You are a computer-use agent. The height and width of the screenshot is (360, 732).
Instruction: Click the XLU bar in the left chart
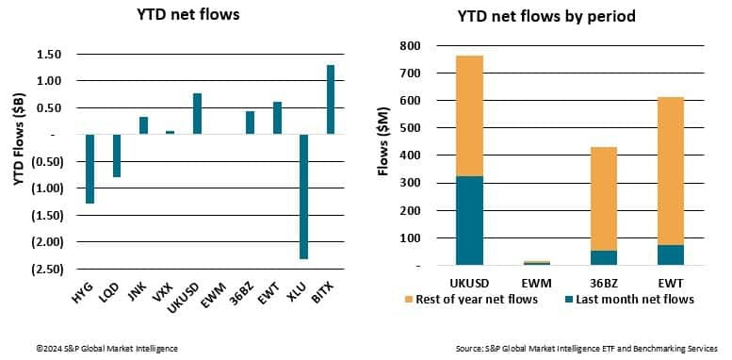[x=304, y=196]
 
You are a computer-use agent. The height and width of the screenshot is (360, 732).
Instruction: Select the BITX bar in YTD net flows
[x=331, y=99]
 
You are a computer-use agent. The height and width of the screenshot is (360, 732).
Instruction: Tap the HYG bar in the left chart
[x=90, y=169]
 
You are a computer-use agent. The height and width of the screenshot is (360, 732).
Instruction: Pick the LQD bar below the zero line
[x=117, y=155]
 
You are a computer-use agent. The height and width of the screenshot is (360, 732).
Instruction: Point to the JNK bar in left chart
[x=143, y=125]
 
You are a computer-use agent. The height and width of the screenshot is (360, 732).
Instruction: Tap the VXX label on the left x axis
[x=169, y=289]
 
